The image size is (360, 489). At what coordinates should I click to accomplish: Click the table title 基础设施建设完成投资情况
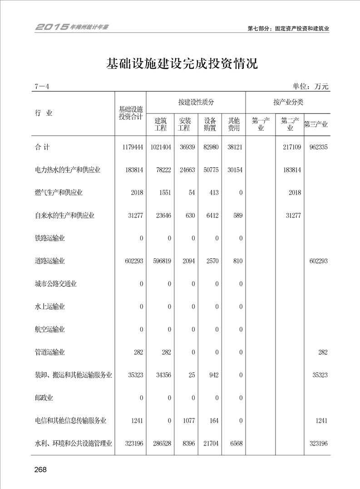pyautogui.click(x=182, y=64)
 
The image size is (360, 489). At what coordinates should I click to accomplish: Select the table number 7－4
pyautogui.click(x=41, y=87)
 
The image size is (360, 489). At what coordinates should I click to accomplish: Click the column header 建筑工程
pyautogui.click(x=161, y=124)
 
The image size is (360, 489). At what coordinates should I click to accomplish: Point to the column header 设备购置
pyautogui.click(x=210, y=124)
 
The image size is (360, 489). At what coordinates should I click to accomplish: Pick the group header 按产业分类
pyautogui.click(x=288, y=103)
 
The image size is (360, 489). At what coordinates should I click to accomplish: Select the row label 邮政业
pyautogui.click(x=44, y=398)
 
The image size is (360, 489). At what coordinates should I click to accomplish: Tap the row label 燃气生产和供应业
pyautogui.click(x=59, y=193)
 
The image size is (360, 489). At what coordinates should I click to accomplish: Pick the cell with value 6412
pyautogui.click(x=211, y=216)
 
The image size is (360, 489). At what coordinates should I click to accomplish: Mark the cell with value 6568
pyautogui.click(x=235, y=444)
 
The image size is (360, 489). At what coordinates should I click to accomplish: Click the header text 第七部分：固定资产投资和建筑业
pyautogui.click(x=288, y=28)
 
